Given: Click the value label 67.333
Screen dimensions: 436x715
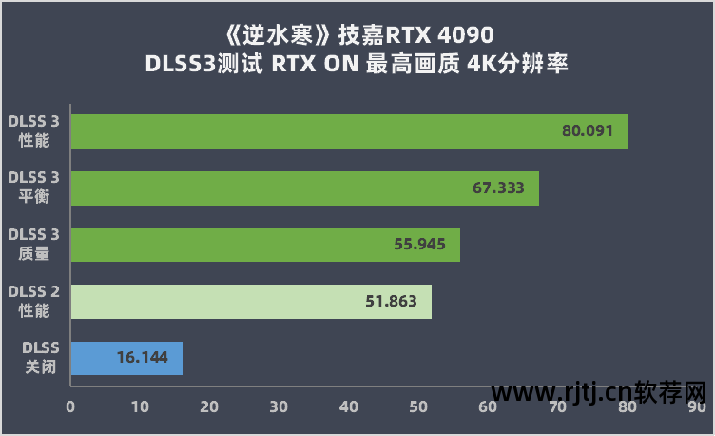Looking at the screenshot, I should point(498,188).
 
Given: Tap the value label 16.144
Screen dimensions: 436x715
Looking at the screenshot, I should point(143,358).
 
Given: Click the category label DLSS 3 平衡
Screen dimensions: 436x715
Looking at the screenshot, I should point(34,188).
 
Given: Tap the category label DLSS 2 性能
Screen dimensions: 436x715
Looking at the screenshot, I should point(34,301).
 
